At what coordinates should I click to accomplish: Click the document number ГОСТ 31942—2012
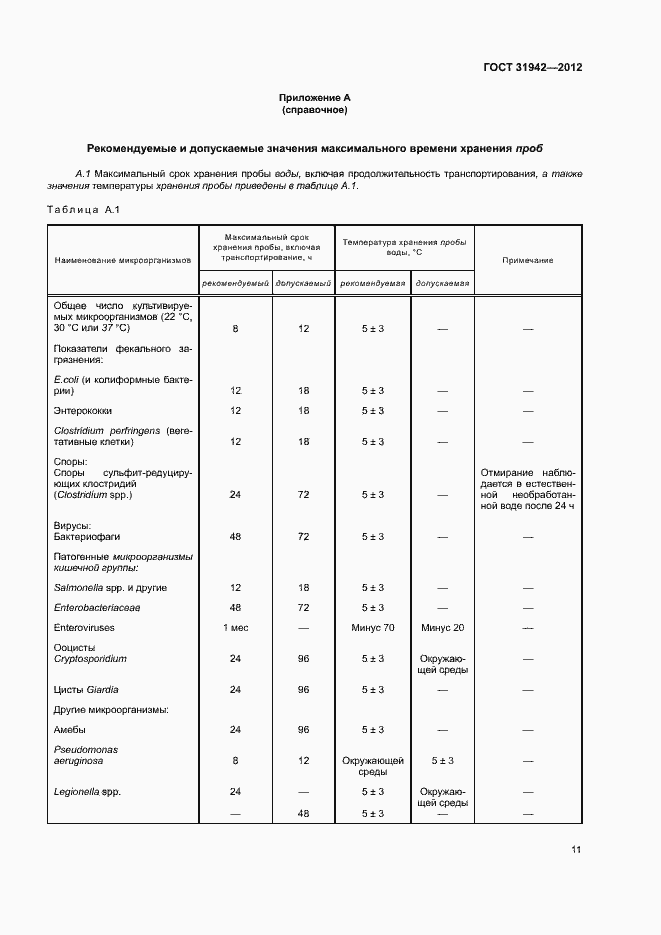(x=531, y=68)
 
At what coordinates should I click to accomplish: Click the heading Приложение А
(x=314, y=98)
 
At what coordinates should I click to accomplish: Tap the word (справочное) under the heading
(x=314, y=110)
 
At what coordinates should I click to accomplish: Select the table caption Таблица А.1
(x=83, y=209)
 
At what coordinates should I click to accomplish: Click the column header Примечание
(x=527, y=260)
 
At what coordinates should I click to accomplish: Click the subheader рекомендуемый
(x=235, y=283)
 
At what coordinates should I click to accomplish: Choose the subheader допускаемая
(x=442, y=283)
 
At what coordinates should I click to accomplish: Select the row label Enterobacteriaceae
(x=96, y=607)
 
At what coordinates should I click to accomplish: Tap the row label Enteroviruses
(x=86, y=627)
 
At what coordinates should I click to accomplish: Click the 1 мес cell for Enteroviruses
(x=235, y=627)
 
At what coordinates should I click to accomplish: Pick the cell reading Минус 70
(x=373, y=627)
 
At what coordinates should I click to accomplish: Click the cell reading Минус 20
(x=442, y=627)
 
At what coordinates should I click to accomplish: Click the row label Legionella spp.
(x=87, y=792)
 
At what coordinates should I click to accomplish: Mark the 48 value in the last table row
(x=304, y=813)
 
